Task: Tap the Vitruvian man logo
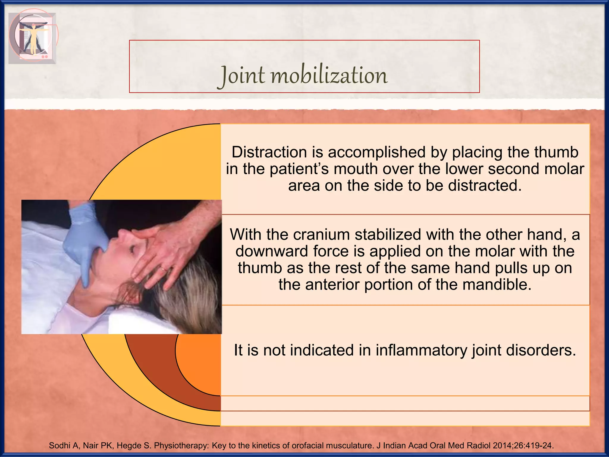33,37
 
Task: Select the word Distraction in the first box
269,152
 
